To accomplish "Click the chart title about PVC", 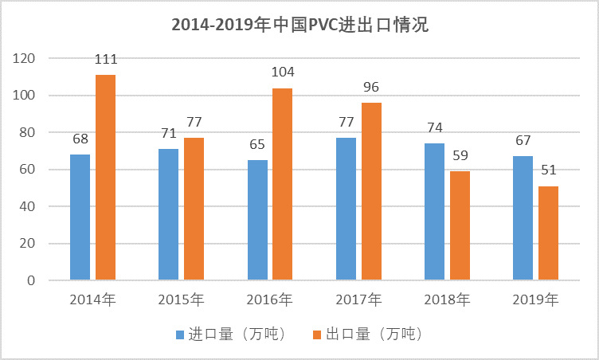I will pos(299,25).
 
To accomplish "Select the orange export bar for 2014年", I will pos(105,177).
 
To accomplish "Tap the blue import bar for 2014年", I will pos(80,217).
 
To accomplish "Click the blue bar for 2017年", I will pos(346,209).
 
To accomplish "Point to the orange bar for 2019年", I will pos(548,233).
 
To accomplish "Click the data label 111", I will pos(105,60).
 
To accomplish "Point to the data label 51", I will pos(548,170).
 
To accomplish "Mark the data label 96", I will pos(371,87).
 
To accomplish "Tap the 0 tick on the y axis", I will pos(31,280).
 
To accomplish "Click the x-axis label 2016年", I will pos(270,300).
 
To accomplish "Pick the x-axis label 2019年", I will pos(535,300).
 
